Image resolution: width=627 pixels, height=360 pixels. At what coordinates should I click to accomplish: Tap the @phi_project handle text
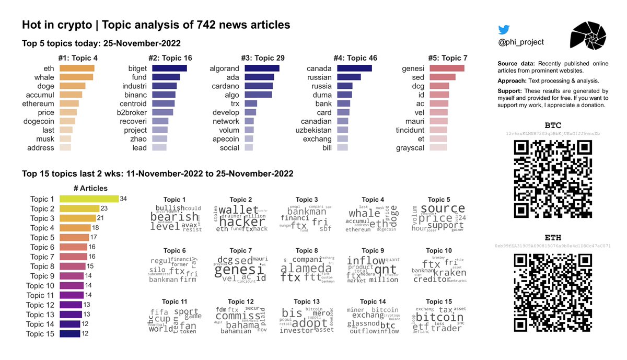521,42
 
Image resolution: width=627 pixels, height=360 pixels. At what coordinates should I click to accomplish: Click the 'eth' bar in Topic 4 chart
77,68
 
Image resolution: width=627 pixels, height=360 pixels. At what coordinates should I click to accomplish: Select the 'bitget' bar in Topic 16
169,68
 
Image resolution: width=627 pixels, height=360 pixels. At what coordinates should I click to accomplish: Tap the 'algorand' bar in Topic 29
262,68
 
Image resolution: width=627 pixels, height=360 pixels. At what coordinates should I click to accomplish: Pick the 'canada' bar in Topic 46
354,68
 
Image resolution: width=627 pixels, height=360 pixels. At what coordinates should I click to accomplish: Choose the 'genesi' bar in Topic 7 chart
447,68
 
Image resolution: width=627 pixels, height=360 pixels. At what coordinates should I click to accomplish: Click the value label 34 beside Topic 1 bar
124,199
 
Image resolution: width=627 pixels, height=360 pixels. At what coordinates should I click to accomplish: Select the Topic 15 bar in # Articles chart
69,334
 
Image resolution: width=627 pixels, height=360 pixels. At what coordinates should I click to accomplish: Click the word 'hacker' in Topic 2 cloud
242,221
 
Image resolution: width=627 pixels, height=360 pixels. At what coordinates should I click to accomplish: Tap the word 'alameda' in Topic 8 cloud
306,269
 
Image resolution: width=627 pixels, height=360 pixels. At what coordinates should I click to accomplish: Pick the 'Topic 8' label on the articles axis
42,266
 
